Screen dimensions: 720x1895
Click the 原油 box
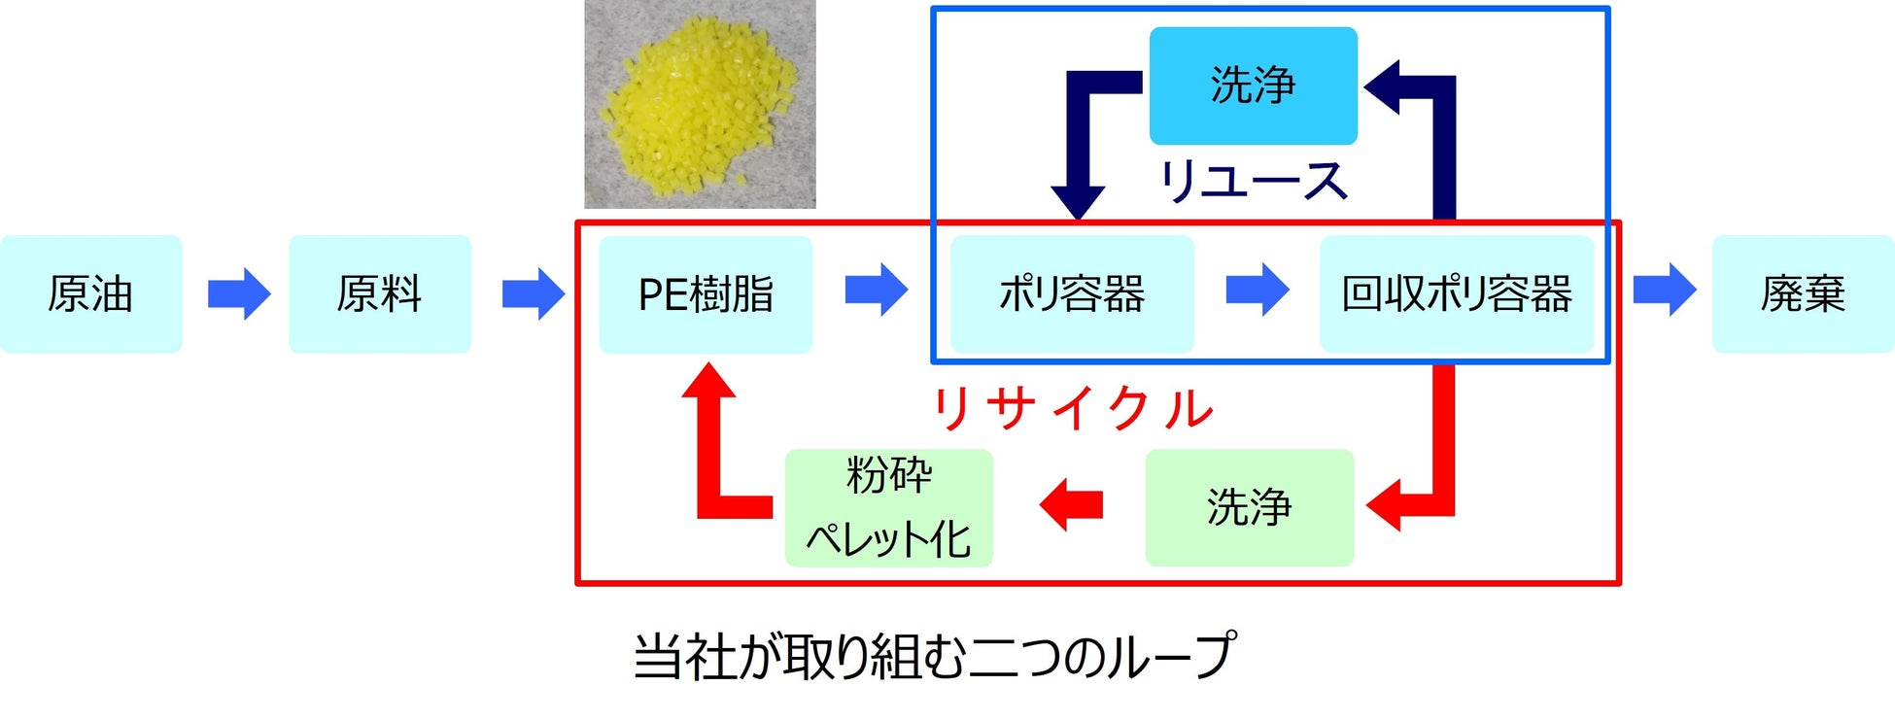[x=90, y=293]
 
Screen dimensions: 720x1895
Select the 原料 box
[x=380, y=293]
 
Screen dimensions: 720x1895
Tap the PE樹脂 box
[x=706, y=294]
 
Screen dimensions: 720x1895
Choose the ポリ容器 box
[x=1072, y=293]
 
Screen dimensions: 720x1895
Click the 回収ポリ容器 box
[x=1456, y=293]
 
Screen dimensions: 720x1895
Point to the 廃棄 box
[x=1803, y=293]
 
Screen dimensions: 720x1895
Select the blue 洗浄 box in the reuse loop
[x=1253, y=86]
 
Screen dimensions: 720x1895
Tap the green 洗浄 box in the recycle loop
[x=1249, y=507]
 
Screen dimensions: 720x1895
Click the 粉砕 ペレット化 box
[x=888, y=507]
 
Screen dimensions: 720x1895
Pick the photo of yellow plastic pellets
[x=700, y=104]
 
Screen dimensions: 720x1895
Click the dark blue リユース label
[x=1253, y=182]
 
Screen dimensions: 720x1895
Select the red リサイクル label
[x=1073, y=409]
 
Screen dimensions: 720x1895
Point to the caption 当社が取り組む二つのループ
[x=934, y=656]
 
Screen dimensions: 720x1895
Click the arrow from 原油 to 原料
[x=239, y=292]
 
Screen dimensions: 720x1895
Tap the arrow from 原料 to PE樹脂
[x=534, y=293]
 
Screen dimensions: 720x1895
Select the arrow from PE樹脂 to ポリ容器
[x=877, y=290]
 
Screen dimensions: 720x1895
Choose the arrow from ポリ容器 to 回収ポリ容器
[x=1258, y=290]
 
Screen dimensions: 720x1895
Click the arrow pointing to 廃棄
[x=1665, y=290]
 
